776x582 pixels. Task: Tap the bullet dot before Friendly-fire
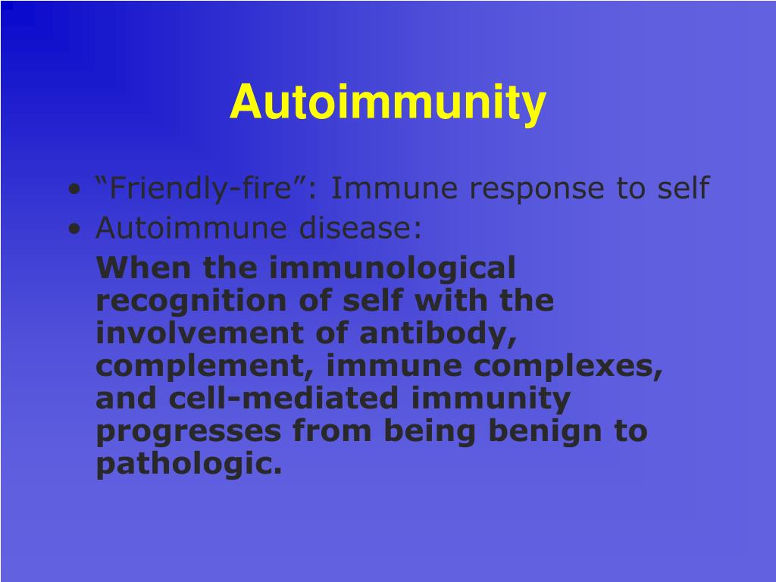pyautogui.click(x=74, y=189)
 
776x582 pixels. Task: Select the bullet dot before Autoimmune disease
pyautogui.click(x=74, y=229)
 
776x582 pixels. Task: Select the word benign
pyautogui.click(x=545, y=431)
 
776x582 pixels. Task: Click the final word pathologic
pyautogui.click(x=188, y=464)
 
